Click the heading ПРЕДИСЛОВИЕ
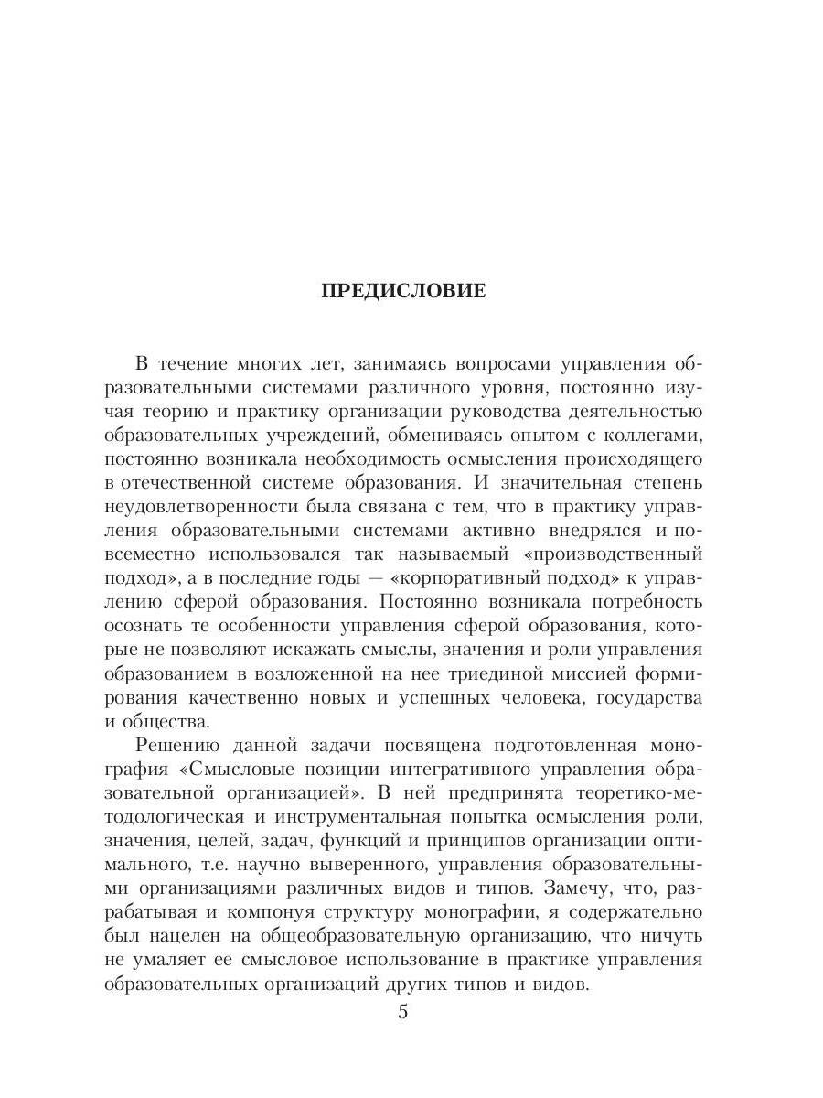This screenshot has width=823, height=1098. (x=403, y=291)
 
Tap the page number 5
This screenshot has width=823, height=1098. (x=403, y=1013)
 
